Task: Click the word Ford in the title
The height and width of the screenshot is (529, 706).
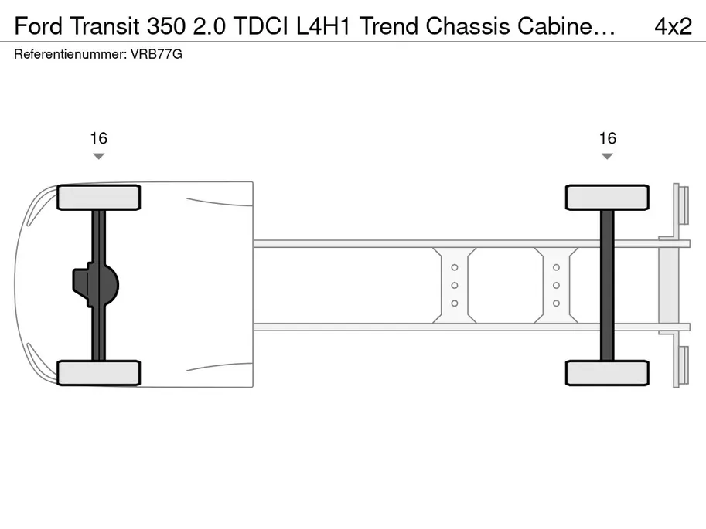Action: pos(38,26)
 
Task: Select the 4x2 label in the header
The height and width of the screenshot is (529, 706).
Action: pos(673,26)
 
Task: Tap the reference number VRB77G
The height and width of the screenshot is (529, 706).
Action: pos(156,54)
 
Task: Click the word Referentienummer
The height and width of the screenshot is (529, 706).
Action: pos(70,54)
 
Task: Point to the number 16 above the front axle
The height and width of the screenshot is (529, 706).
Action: pos(99,138)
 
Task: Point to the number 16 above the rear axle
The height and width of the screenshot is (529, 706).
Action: pos(607,138)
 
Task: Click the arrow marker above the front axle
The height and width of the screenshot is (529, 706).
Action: pos(99,156)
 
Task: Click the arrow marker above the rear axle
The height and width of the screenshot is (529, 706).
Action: pos(607,156)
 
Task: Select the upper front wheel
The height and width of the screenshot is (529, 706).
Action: pos(99,198)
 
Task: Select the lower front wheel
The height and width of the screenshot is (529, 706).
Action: pos(99,373)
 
